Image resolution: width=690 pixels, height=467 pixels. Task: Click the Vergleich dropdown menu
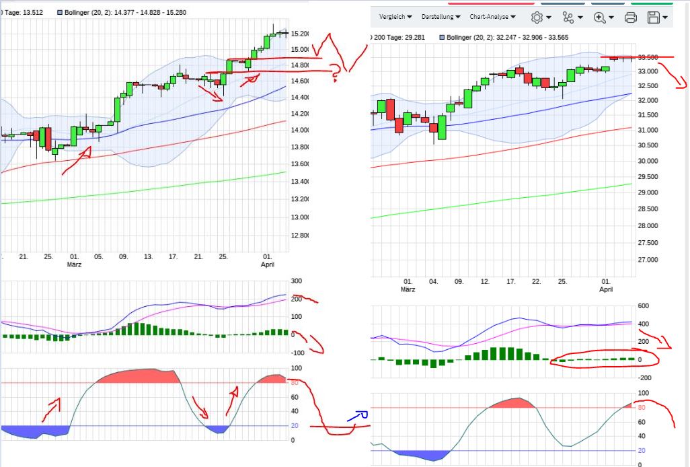click(395, 17)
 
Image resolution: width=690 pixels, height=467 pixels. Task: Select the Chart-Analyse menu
click(492, 17)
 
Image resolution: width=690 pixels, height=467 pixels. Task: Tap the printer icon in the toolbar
click(630, 17)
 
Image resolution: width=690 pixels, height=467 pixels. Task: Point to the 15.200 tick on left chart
click(299, 34)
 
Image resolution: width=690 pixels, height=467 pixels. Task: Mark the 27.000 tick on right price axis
click(649, 260)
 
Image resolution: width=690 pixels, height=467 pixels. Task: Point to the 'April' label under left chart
click(268, 265)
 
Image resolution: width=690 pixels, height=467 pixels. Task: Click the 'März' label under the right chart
click(408, 289)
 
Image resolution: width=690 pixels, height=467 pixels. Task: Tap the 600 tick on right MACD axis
click(644, 306)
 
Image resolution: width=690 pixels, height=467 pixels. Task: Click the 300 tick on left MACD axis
click(296, 281)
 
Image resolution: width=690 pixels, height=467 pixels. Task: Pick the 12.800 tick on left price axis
click(299, 236)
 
